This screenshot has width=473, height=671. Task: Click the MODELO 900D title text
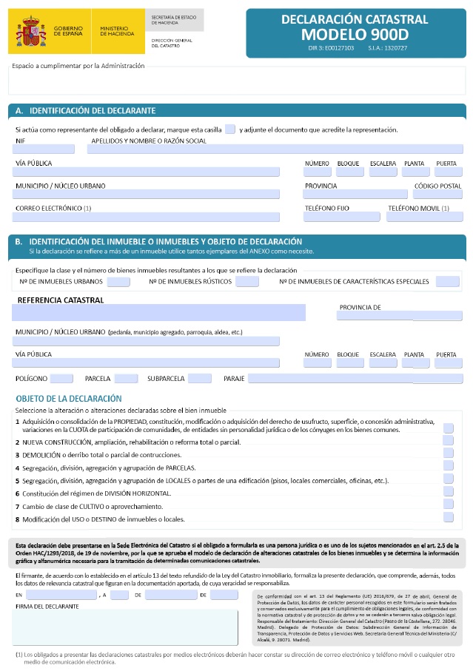[355, 35]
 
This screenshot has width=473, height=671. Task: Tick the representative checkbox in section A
[230, 129]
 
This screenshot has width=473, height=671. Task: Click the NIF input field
[44, 149]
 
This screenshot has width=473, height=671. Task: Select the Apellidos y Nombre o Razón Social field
[275, 149]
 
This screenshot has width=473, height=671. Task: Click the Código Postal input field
[437, 194]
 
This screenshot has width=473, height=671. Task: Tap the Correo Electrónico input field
[146, 217]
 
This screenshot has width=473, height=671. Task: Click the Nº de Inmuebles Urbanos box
[118, 281]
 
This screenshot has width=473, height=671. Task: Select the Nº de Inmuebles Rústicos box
[247, 281]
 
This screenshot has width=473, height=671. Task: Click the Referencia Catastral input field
[158, 312]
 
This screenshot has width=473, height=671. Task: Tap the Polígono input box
[61, 378]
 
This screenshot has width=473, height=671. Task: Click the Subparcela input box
[200, 378]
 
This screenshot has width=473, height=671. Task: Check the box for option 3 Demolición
[448, 453]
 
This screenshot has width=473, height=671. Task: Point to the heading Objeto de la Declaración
[69, 398]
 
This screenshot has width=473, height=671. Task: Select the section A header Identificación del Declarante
[93, 110]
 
